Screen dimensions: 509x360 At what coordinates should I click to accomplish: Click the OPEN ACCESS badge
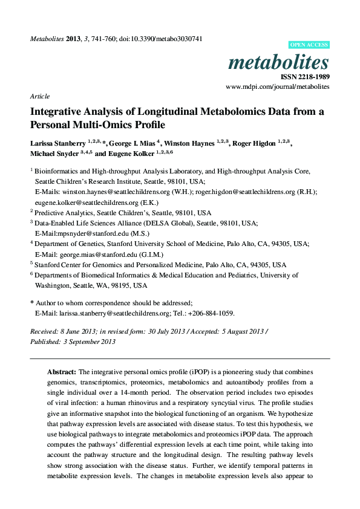pos(309,45)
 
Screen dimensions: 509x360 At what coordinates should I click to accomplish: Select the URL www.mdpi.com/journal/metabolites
pos(278,87)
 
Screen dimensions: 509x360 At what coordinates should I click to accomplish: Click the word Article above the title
pos(40,96)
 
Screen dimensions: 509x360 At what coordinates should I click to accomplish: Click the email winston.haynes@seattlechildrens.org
pos(114,191)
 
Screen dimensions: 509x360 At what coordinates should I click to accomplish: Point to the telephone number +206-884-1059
pos(212,313)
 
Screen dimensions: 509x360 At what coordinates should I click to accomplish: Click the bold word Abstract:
pos(62,372)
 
